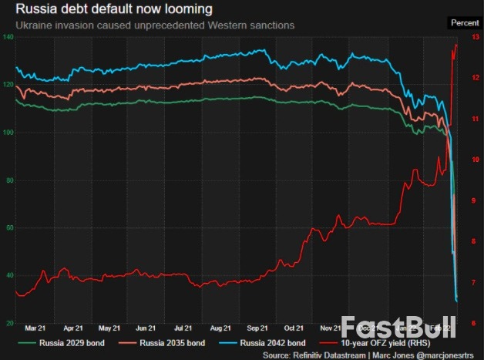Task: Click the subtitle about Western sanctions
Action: tap(155, 25)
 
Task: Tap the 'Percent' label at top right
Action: tap(464, 23)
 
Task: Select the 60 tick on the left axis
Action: tap(9, 228)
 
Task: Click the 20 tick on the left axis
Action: tap(9, 323)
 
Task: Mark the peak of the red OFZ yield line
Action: tap(456, 45)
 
